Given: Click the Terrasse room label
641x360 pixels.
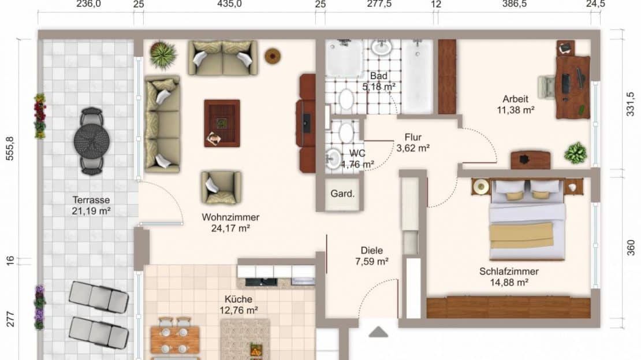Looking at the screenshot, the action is (x=91, y=200).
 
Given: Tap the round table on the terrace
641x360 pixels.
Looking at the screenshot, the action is (x=92, y=141).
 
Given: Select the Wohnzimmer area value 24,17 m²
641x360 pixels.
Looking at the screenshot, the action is (x=230, y=228).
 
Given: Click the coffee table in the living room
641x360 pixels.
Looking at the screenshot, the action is (x=222, y=123).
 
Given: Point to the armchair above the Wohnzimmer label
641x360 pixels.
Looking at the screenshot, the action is (x=221, y=187).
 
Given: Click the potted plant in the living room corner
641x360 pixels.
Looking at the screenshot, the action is (x=163, y=54).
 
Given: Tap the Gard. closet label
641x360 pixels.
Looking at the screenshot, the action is (x=342, y=194).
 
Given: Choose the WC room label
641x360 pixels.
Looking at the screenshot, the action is (x=357, y=153).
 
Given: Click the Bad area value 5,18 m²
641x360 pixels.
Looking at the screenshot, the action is (x=379, y=87).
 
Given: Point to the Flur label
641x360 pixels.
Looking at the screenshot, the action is (x=413, y=138).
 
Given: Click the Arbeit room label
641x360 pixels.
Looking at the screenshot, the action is (x=516, y=99).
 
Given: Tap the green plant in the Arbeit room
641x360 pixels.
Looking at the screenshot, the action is (x=576, y=153).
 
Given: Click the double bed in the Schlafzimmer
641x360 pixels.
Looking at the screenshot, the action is (x=527, y=220).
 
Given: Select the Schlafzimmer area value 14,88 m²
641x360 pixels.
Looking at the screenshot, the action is (x=509, y=282).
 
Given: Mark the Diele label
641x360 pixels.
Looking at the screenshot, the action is (x=371, y=250).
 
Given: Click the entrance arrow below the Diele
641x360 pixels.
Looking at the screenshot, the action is (x=378, y=332).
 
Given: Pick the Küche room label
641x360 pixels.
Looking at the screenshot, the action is (x=238, y=299).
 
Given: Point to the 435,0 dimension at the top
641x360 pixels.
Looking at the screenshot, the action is (x=229, y=4).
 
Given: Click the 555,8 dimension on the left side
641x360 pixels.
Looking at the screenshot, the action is (x=10, y=149).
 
